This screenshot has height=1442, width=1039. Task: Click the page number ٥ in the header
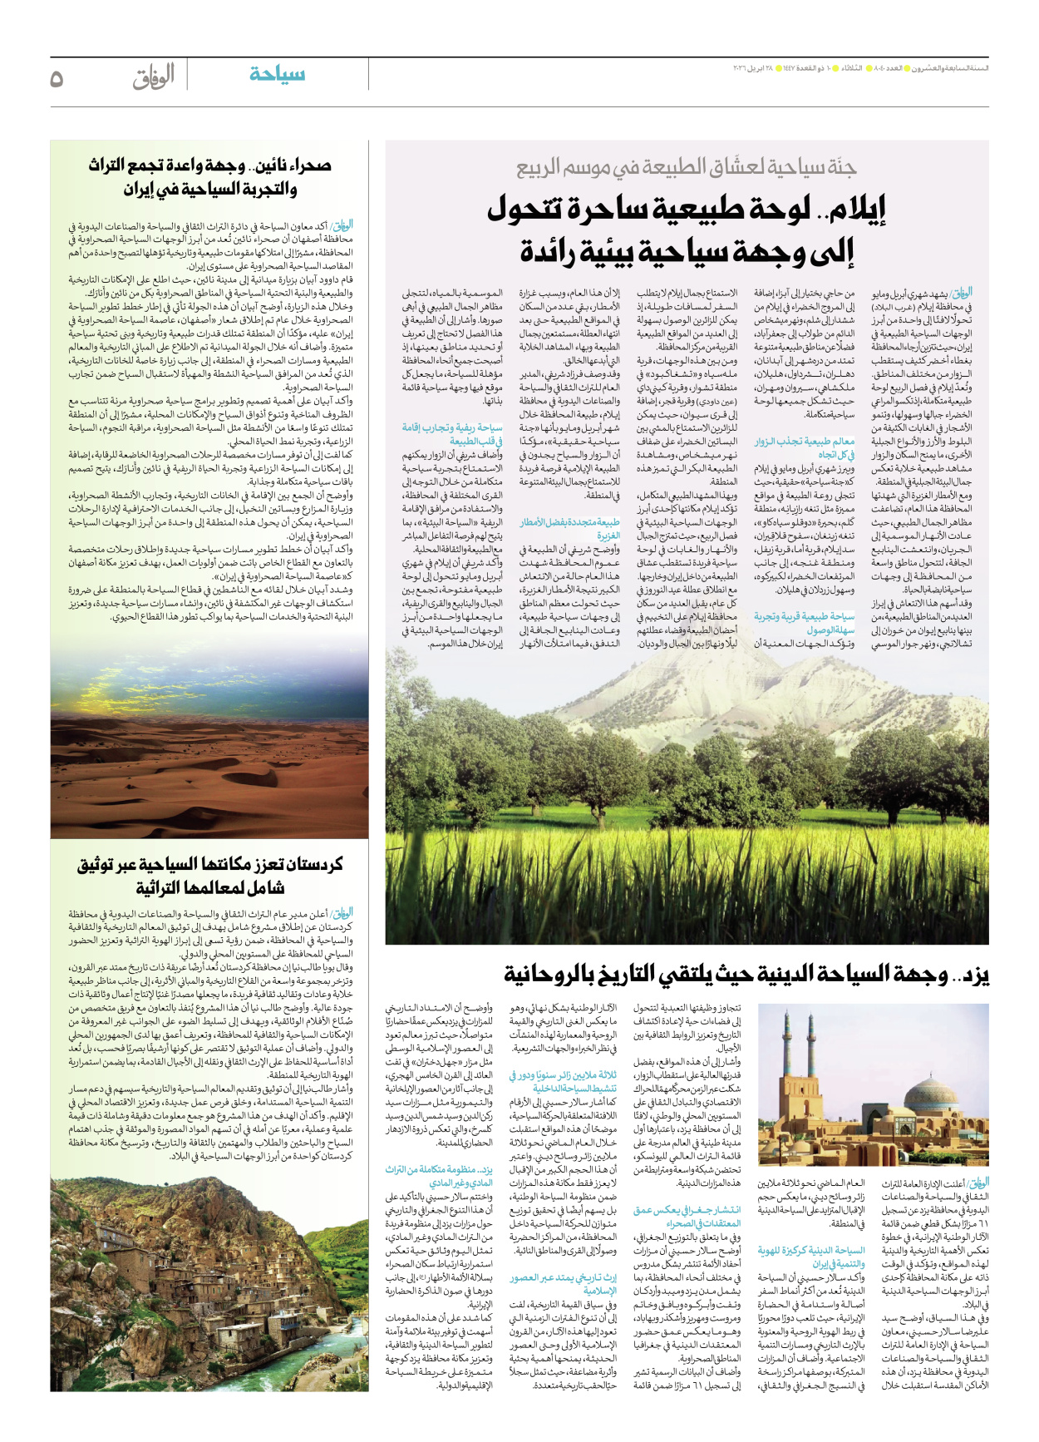[x=57, y=78]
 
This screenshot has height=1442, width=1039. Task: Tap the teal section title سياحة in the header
[x=277, y=75]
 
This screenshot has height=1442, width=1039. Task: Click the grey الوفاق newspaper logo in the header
[x=154, y=77]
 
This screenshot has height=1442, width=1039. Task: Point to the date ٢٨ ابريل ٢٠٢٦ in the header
[x=752, y=68]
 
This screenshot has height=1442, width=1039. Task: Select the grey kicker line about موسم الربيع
[x=686, y=168]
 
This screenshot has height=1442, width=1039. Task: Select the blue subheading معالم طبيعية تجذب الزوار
[x=804, y=442]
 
